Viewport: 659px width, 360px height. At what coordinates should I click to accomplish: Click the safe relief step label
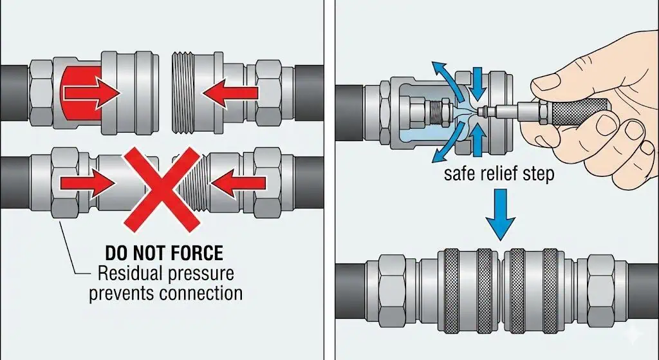[x=499, y=174]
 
